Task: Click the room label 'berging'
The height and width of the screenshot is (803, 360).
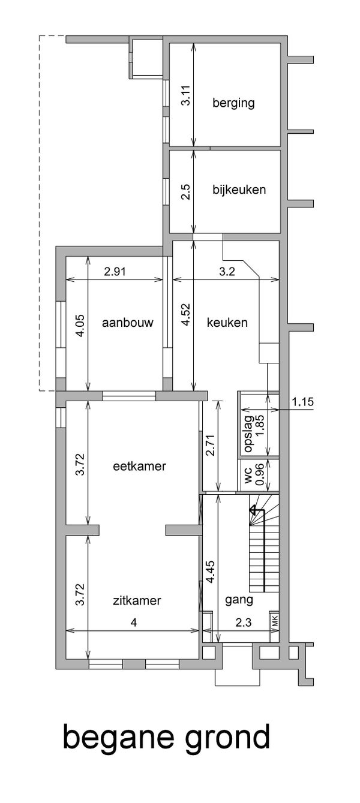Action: pyautogui.click(x=233, y=103)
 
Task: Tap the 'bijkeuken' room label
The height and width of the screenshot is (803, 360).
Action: pyautogui.click(x=239, y=190)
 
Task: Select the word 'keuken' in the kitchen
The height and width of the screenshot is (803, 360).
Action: pyautogui.click(x=227, y=322)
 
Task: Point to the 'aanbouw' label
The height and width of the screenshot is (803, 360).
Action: pyautogui.click(x=128, y=322)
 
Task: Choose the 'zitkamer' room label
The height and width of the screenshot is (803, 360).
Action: pyautogui.click(x=137, y=600)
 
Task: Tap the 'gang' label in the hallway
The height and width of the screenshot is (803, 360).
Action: pyautogui.click(x=239, y=600)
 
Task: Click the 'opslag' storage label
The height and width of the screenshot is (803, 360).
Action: pyautogui.click(x=247, y=434)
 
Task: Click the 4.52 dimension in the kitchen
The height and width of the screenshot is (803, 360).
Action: pyautogui.click(x=186, y=315)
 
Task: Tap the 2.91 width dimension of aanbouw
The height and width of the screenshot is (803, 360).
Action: pyautogui.click(x=115, y=272)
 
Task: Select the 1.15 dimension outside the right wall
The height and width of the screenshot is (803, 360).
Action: pyautogui.click(x=302, y=402)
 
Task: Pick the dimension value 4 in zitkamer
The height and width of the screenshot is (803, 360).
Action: pyautogui.click(x=134, y=622)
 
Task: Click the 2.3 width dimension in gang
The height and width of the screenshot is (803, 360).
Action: pyautogui.click(x=244, y=622)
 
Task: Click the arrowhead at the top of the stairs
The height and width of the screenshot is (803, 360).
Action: pyautogui.click(x=253, y=510)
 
